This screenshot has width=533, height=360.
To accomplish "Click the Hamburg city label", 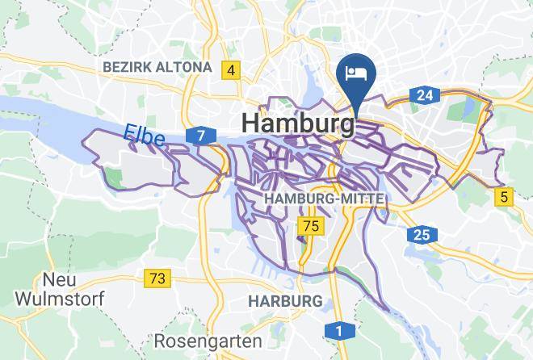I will (x=297, y=123).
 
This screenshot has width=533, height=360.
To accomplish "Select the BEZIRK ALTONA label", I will (x=157, y=68).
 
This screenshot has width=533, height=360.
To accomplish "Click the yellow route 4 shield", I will (x=232, y=70).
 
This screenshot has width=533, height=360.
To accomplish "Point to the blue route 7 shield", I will (x=199, y=135).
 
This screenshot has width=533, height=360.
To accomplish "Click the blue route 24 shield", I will (x=426, y=95).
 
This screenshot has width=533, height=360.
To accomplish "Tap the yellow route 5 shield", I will (x=505, y=195).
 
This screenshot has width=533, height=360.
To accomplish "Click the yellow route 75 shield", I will (x=309, y=224).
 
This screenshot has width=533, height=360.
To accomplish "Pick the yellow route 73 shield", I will (x=158, y=278).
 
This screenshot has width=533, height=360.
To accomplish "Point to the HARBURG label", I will (x=285, y=300).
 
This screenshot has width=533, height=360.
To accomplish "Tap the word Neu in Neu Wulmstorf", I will (x=58, y=279).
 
